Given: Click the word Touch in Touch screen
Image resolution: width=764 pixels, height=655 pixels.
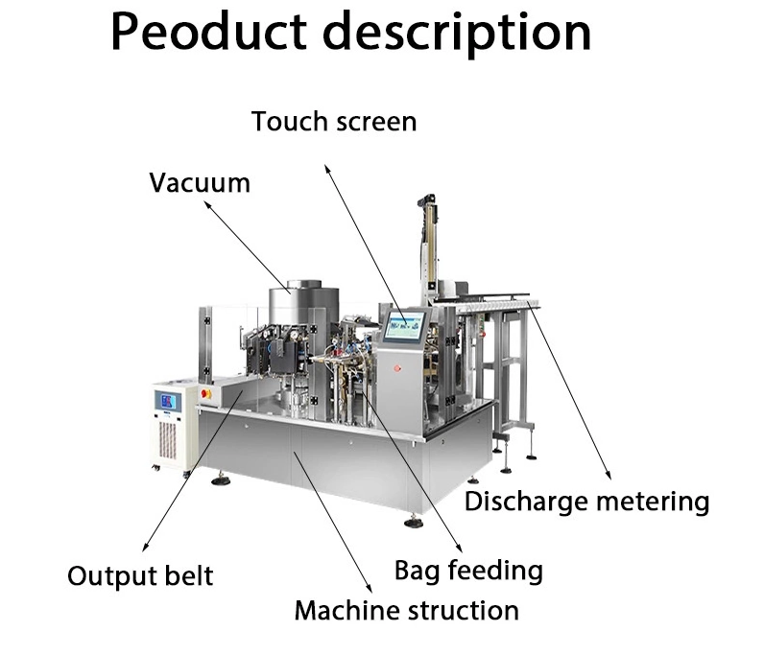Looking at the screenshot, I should [288, 122].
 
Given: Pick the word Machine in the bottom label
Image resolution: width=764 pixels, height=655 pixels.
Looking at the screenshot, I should [342, 610].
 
